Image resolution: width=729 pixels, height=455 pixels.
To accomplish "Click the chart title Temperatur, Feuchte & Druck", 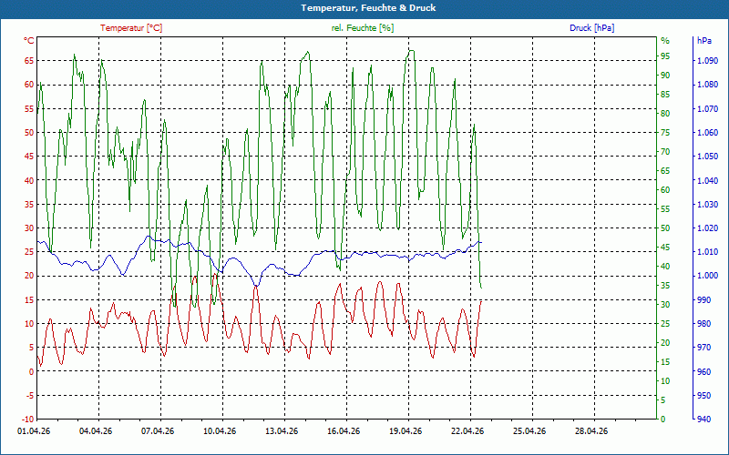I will [x=364, y=8].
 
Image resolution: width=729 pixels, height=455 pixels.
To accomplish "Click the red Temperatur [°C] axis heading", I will [x=131, y=28].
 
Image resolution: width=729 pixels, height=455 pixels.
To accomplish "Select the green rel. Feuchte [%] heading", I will [x=363, y=28].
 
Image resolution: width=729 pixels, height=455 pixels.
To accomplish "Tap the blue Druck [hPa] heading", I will [x=591, y=28].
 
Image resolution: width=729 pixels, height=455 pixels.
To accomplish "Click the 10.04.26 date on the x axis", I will [x=219, y=431].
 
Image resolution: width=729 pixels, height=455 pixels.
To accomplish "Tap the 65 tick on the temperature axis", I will [x=28, y=61].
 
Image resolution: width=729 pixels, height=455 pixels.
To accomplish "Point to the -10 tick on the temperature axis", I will [x=26, y=419].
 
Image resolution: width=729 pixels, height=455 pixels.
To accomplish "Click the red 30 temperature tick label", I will [x=28, y=228].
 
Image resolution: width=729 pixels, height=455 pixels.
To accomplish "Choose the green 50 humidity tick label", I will [x=665, y=228].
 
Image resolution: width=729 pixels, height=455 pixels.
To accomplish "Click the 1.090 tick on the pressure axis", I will [x=706, y=61].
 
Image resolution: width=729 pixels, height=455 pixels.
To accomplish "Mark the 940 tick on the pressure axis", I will [x=703, y=419].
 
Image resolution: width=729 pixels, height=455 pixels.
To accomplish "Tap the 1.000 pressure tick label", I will [x=706, y=276].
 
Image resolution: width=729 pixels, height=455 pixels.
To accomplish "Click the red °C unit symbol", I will [x=28, y=41].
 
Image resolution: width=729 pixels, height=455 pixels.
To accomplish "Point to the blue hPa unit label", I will [x=704, y=41].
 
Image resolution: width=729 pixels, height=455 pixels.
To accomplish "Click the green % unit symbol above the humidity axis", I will [x=664, y=41].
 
